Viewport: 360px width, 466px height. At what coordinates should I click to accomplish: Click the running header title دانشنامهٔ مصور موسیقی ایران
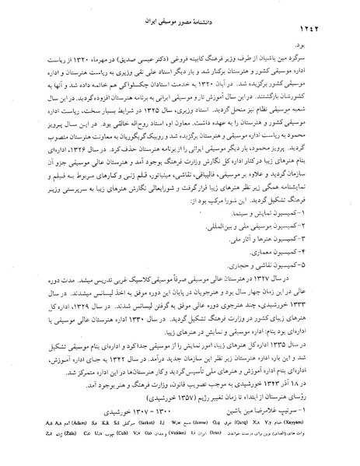[x=180, y=13]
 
